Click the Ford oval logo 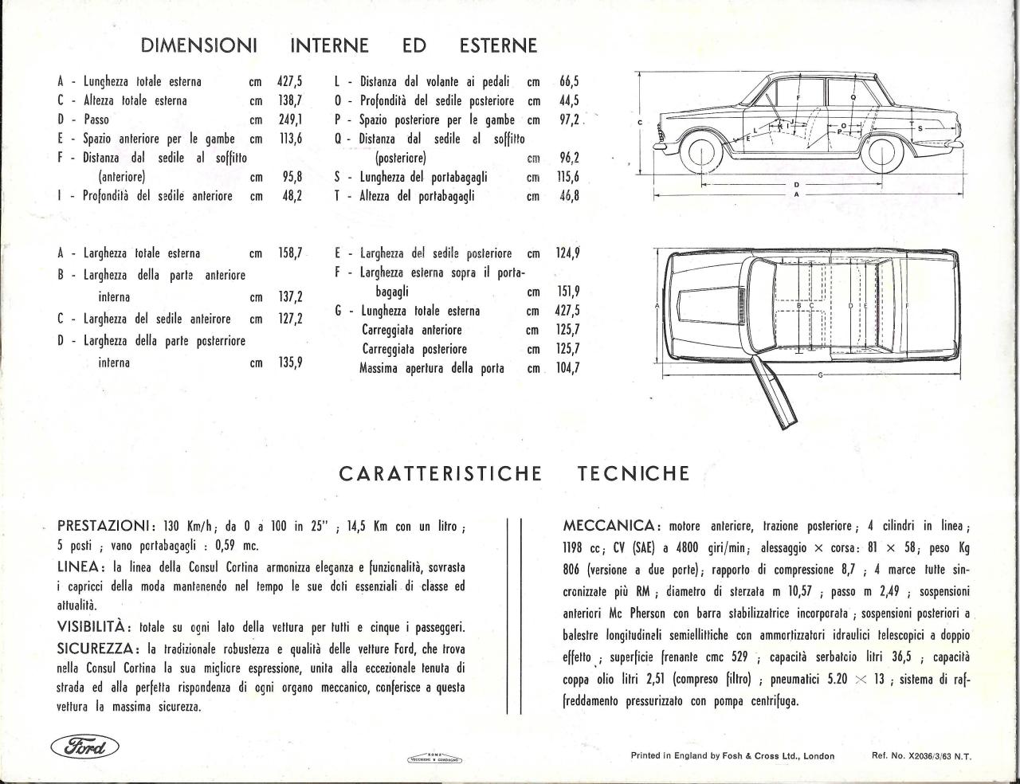click(84, 747)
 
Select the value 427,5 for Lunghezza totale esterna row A click(289, 81)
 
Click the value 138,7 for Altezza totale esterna click(289, 100)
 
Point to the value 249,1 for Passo click(289, 120)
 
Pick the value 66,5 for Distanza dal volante click(569, 81)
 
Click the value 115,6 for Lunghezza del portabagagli click(568, 177)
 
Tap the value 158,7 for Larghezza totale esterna click(289, 254)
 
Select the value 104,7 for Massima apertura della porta click(568, 369)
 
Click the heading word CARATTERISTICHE click(440, 474)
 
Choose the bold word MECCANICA click(610, 527)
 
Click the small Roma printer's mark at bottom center click(434, 759)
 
